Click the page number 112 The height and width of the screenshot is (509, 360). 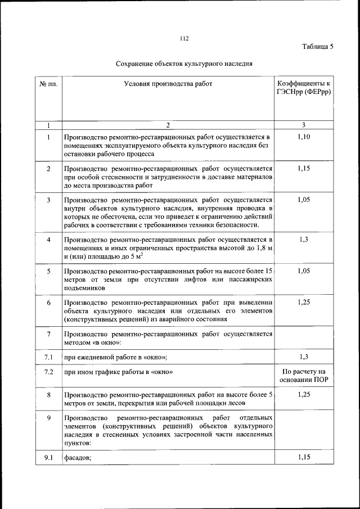pos(184,39)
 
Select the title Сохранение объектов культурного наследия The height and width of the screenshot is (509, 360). pos(184,64)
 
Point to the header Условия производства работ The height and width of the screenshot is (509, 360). pos(168,84)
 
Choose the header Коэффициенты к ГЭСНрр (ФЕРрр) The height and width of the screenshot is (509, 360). pos(304,88)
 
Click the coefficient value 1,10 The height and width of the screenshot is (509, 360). pos(304,137)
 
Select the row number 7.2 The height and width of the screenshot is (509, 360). pos(48,372)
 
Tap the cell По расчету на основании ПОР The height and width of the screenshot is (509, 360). pos(304,376)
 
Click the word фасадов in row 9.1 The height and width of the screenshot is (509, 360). pos(78,458)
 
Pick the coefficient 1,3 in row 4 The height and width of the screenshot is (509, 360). pos(304,240)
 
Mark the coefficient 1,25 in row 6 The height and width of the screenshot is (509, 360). pos(304,302)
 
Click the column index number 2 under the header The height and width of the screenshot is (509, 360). pos(168,125)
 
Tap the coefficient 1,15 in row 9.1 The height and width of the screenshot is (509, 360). pos(304,457)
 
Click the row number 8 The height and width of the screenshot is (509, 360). pos(49,395)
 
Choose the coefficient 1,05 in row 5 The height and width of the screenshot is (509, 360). pos(304,271)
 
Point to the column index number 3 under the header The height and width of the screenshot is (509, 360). pos(304,125)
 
